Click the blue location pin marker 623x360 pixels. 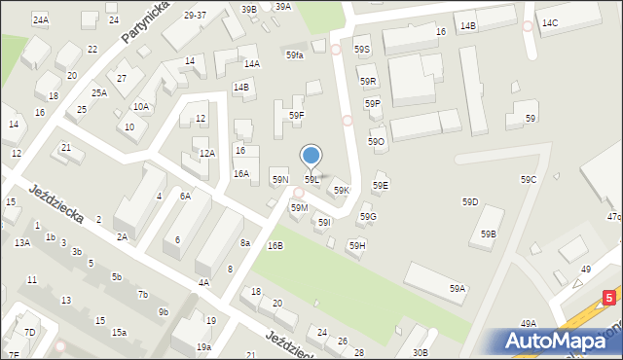tap(311, 156)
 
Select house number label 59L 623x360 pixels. tap(311, 180)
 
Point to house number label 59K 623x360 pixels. tap(342, 191)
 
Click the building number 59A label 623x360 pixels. tap(458, 289)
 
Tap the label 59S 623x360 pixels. tap(362, 49)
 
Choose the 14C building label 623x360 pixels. tap(550, 22)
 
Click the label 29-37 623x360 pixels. tap(195, 16)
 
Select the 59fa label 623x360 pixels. tap(295, 55)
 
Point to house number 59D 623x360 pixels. tap(470, 201)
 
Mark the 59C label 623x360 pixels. tap(529, 180)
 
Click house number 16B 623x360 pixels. tap(275, 246)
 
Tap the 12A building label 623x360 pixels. tap(206, 154)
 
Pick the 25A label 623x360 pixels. tap(99, 93)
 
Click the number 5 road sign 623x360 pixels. tap(608, 294)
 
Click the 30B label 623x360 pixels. tap(420, 352)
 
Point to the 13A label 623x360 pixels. tap(21, 243)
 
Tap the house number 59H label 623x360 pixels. tap(357, 245)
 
